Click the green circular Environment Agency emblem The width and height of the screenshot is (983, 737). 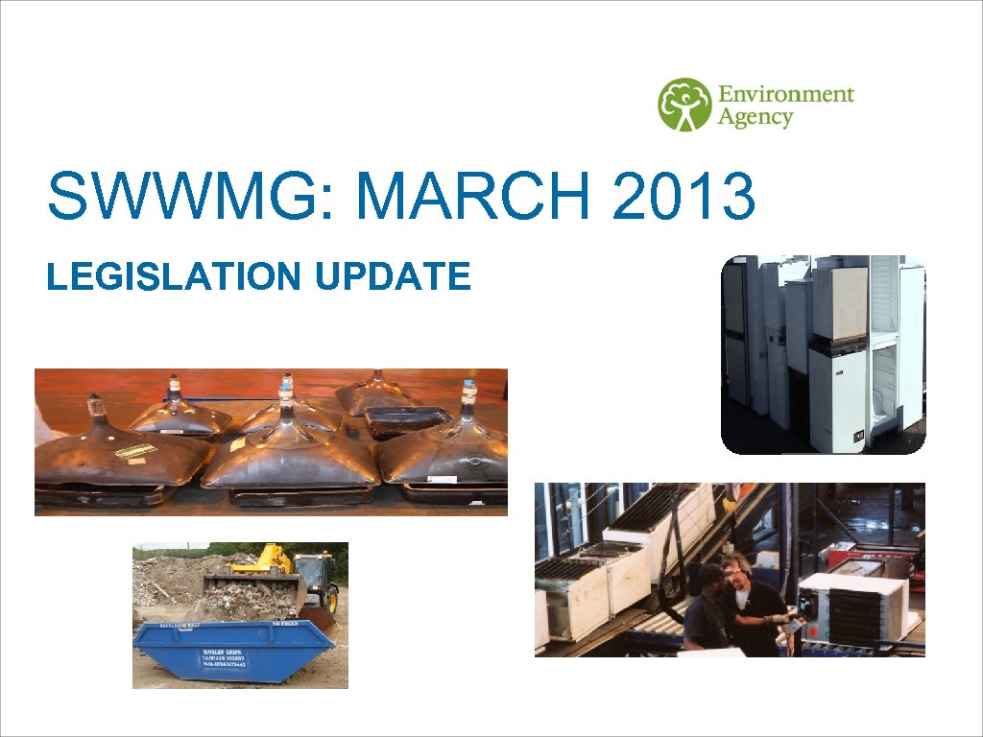[684, 105]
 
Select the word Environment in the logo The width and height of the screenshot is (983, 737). [785, 94]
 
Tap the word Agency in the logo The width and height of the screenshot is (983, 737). [755, 118]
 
